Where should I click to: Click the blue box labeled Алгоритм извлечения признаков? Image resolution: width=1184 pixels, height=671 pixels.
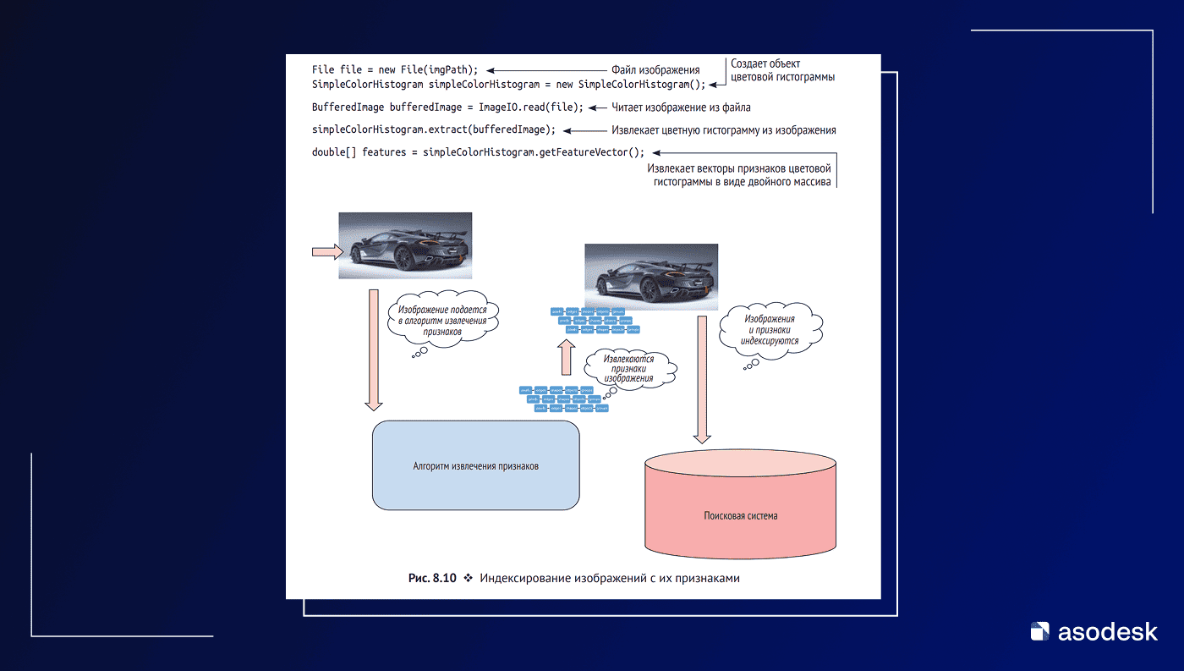[475, 465]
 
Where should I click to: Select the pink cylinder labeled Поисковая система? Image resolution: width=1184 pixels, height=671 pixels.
[741, 514]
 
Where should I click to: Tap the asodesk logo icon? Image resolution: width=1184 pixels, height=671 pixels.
[1040, 631]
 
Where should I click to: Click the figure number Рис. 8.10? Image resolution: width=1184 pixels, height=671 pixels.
[432, 578]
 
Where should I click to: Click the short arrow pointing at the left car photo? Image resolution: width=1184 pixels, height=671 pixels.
[327, 250]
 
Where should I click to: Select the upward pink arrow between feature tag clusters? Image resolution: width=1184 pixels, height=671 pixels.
[567, 357]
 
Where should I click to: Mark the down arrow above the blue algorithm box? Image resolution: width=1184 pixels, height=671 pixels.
[374, 349]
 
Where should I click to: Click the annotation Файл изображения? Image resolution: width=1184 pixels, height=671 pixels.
[655, 70]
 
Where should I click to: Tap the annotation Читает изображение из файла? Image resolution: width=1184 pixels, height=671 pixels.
[681, 107]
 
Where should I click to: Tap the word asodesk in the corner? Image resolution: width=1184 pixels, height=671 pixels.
[1108, 631]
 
